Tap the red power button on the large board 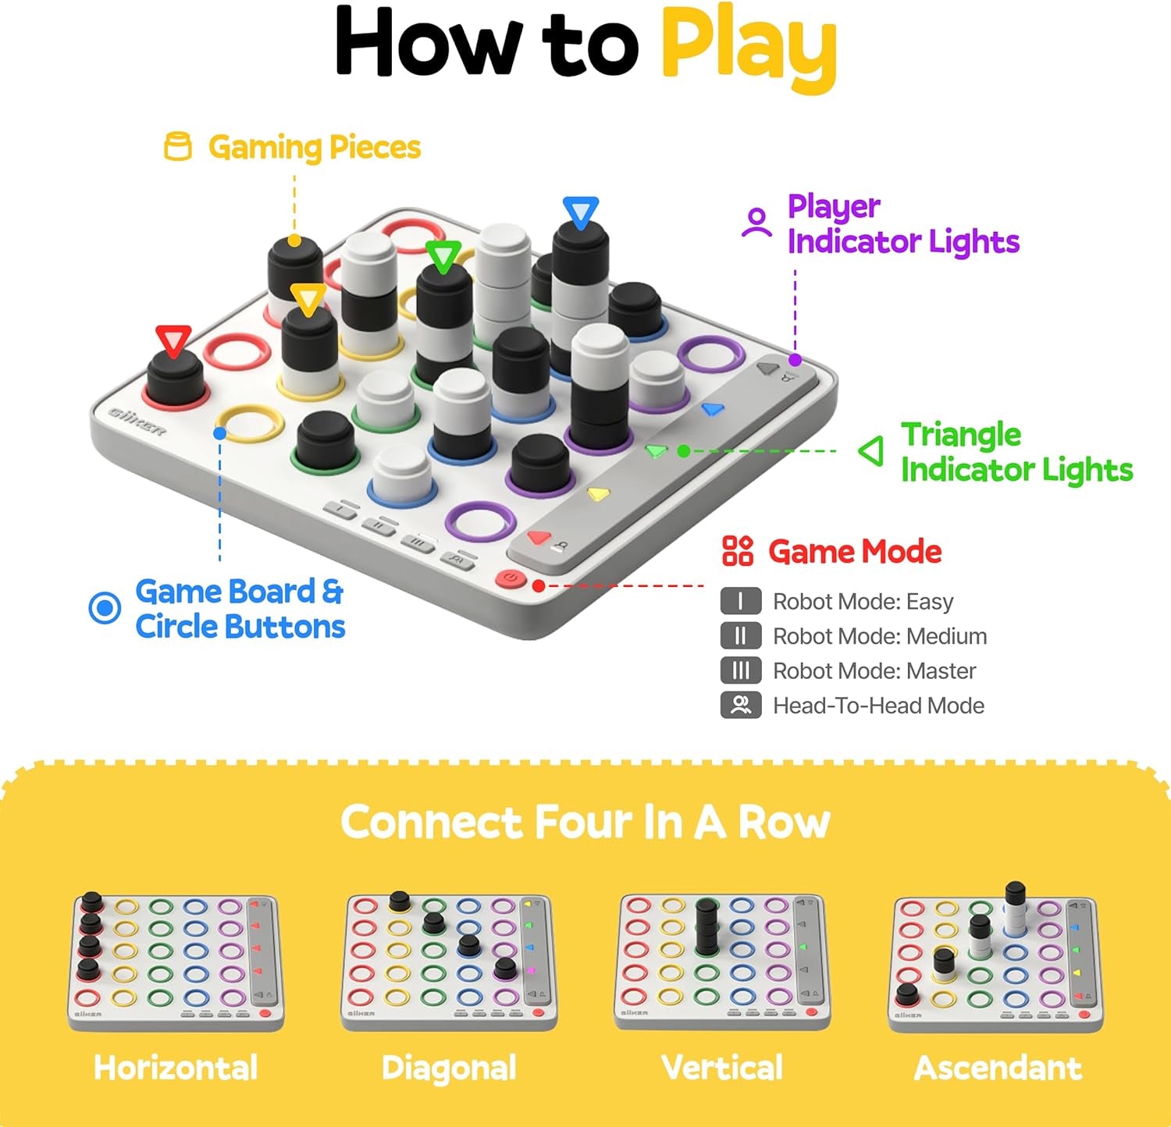tap(510, 578)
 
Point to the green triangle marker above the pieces tap(443, 257)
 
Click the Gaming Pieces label tap(314, 148)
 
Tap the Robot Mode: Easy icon tap(740, 602)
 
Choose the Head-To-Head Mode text tap(878, 706)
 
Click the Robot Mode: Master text tap(874, 671)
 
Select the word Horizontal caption tap(176, 1068)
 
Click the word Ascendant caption tap(998, 1068)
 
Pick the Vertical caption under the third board tap(722, 1068)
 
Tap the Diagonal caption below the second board tap(449, 1068)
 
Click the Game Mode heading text tap(855, 552)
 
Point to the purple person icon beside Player tap(756, 222)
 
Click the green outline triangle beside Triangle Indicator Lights tap(871, 451)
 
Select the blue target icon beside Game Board tap(105, 608)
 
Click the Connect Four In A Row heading tap(585, 823)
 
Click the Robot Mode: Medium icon tap(740, 636)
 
